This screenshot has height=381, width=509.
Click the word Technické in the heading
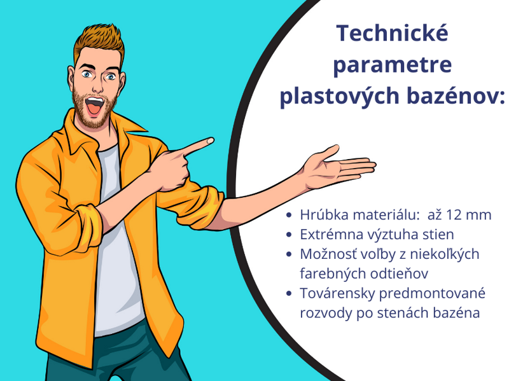tap(392, 33)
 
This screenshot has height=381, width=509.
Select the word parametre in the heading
tap(393, 66)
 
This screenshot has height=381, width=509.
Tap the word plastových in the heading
tap(340, 96)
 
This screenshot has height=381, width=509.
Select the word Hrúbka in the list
tap(323, 214)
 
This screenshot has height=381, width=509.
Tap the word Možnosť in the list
tap(328, 254)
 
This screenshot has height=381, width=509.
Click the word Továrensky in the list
tap(337, 293)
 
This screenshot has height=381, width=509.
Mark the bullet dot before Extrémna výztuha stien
tap(289, 235)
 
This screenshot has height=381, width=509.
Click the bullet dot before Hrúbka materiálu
tap(289, 215)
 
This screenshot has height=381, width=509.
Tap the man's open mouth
tap(94, 106)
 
